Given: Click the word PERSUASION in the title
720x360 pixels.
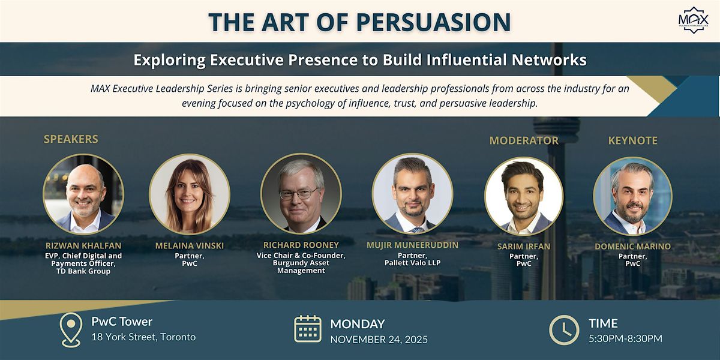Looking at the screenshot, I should tap(433, 22).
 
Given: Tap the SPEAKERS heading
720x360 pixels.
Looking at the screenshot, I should tap(71, 139).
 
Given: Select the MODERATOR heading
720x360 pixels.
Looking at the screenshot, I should tap(524, 140).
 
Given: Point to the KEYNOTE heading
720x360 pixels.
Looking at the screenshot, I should tap(632, 140).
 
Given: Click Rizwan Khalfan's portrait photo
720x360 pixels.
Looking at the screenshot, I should tap(83, 194).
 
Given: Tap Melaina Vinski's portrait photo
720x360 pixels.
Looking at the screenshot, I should tap(190, 194).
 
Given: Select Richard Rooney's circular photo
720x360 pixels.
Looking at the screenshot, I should tap(301, 194).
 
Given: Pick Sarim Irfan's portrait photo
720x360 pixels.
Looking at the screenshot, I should tap(524, 196).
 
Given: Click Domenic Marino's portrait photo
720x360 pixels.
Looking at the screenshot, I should tap(632, 196).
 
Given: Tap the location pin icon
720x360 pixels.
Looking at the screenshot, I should tap(71, 329).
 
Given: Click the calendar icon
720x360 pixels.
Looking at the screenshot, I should tap(308, 329).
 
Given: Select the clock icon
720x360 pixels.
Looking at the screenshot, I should tap(564, 330).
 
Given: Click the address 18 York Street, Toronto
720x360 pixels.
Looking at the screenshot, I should tap(143, 337).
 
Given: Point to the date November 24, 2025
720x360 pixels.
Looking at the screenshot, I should tap(379, 339).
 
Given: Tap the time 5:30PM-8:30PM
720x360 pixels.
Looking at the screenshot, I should tap(625, 338).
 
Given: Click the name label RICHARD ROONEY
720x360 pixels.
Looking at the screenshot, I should tap(301, 245).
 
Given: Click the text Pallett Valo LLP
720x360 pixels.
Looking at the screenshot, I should tap(412, 263).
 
